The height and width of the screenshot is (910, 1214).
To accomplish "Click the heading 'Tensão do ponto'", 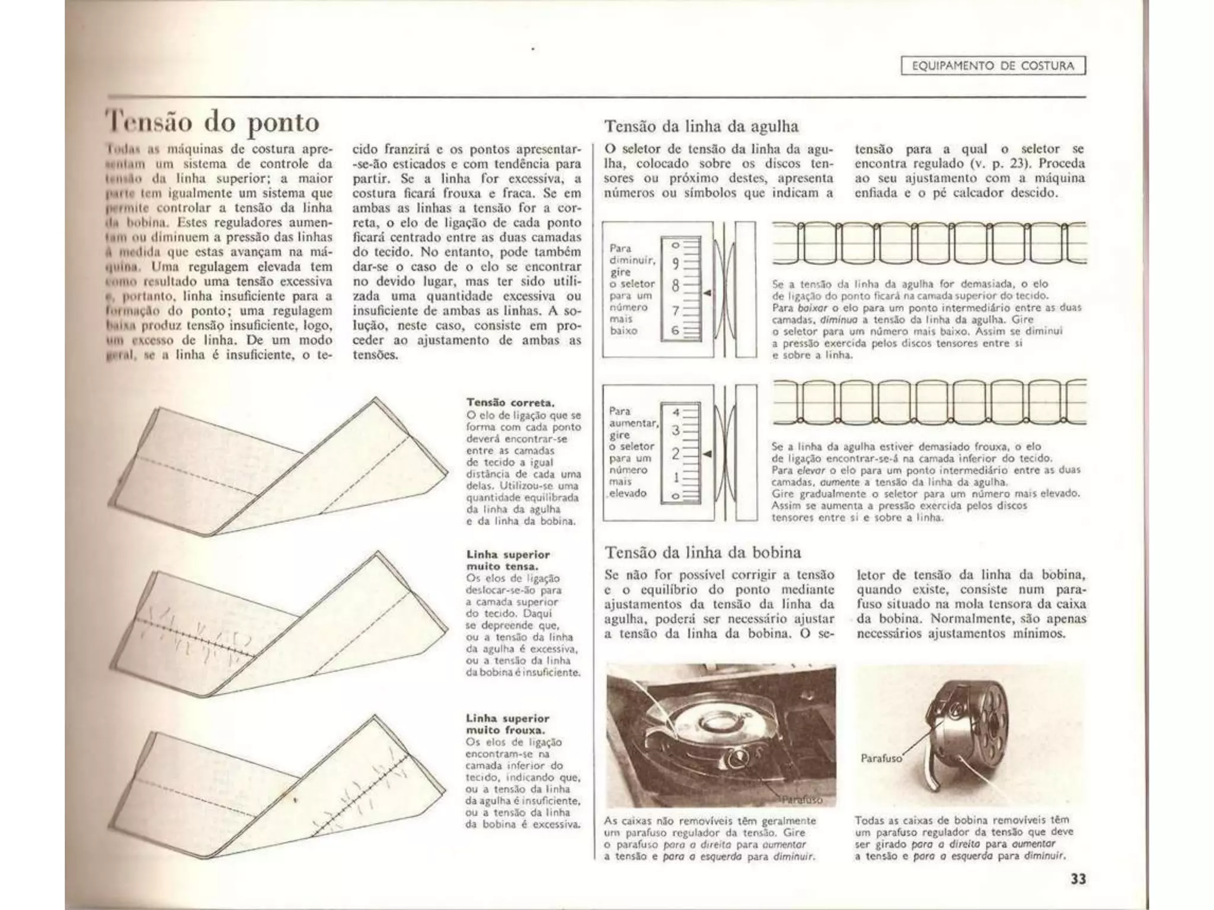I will [212, 123].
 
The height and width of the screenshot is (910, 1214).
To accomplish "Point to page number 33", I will [1078, 879].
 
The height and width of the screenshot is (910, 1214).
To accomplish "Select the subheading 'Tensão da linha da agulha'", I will [701, 126].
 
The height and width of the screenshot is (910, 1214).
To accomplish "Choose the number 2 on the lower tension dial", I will [675, 454].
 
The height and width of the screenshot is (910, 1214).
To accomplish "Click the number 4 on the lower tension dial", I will [676, 412].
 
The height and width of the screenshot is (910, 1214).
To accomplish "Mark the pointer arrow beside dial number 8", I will [707, 293].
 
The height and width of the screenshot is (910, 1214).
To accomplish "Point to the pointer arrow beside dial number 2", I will [707, 454].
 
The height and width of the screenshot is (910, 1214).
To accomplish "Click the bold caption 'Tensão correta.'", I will [510, 403].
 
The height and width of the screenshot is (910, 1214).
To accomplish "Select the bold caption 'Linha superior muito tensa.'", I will [508, 560].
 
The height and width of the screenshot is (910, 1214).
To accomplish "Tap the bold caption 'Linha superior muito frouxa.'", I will [508, 724].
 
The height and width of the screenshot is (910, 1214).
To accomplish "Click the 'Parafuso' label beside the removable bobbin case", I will [881, 758].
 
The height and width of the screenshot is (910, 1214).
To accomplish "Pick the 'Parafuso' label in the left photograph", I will [801, 800].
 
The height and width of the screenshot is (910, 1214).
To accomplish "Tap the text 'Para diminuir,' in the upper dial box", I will [632, 254].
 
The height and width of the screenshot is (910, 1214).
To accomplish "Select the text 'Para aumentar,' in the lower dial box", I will [633, 417].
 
